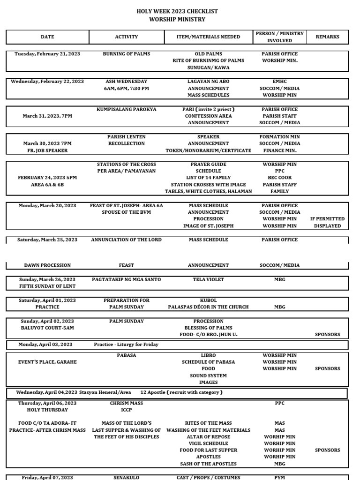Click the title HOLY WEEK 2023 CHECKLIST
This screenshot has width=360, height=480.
[177, 11]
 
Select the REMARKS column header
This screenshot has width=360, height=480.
[327, 37]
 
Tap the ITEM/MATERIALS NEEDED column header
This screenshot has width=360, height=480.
[208, 37]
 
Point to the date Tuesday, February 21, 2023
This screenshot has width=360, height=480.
[47, 54]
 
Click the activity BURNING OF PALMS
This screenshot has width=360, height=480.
[127, 54]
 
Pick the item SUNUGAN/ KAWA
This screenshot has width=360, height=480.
[208, 67]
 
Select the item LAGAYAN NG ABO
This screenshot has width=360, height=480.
[208, 82]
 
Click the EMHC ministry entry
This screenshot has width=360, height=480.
[279, 82]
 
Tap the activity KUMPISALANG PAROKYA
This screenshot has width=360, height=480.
[127, 109]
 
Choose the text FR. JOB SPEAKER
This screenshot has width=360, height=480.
[47, 150]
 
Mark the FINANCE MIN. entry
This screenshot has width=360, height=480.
[279, 150]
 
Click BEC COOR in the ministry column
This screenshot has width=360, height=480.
[279, 178]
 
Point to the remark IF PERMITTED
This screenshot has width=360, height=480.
[327, 219]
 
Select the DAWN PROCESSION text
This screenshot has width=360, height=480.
[47, 265]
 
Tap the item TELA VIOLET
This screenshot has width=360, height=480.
[208, 279]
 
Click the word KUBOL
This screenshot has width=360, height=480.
[208, 300]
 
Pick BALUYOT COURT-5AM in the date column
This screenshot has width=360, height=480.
[47, 328]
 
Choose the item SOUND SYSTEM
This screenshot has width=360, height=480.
[208, 375]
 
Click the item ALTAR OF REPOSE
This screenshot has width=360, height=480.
[208, 436]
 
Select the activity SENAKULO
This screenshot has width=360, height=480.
[127, 477]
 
